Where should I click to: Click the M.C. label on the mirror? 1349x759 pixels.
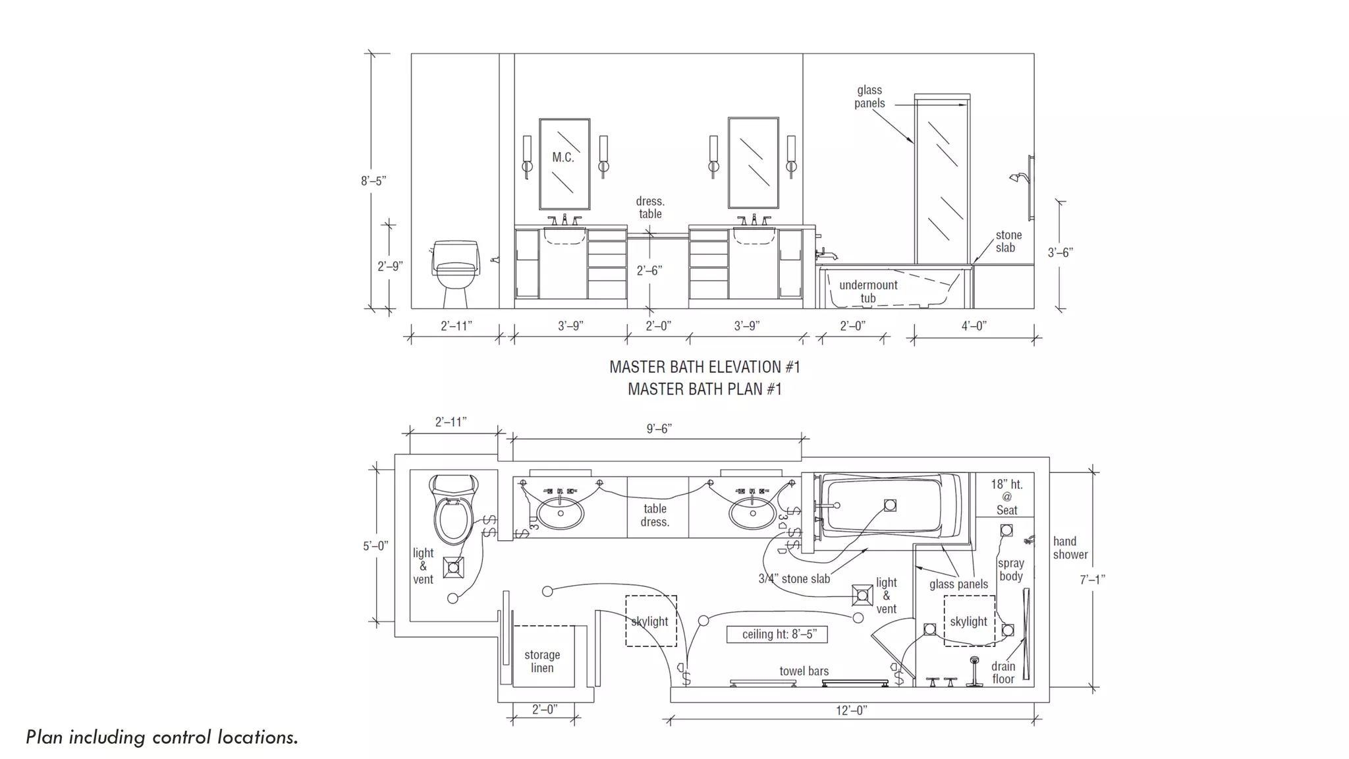pos(563,157)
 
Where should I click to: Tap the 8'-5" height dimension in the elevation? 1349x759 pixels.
pos(373,181)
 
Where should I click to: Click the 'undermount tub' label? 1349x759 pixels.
pos(868,291)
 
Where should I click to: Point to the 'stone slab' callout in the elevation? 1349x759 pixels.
pos(1008,241)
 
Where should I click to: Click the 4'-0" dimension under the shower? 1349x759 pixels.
pos(974,325)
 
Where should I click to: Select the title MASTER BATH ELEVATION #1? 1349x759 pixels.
pos(705,367)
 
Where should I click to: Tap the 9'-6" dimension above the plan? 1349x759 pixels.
pos(659,429)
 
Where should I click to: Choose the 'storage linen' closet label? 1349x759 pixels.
pos(542,661)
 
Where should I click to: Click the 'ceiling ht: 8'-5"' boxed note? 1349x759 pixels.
pos(777,634)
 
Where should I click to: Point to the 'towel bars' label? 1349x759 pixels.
pos(804,671)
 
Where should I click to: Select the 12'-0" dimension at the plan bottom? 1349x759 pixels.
pos(851,710)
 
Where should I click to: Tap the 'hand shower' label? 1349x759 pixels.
pos(1070,548)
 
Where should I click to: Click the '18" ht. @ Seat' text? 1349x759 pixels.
pos(1006,497)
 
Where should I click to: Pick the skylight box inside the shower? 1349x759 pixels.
pos(968,621)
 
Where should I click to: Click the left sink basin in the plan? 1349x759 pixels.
pos(560,513)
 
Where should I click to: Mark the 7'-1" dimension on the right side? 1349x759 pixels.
pos(1092,580)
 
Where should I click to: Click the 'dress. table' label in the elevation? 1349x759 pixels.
pos(650,208)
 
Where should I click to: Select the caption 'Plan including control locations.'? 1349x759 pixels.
pos(162,737)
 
